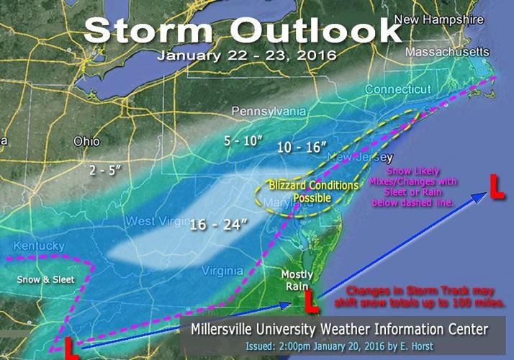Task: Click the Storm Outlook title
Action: pos(241,30)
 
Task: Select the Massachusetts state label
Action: pos(447,53)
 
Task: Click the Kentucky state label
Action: pos(33,246)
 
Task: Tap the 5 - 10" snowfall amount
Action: pos(242,141)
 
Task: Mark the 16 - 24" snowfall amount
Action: pos(219,226)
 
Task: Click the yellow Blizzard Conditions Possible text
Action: pos(313,191)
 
